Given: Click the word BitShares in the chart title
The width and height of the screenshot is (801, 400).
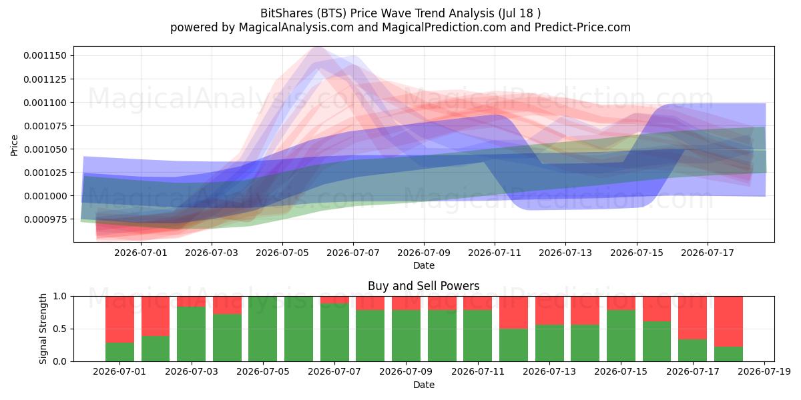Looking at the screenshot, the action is click(x=286, y=13).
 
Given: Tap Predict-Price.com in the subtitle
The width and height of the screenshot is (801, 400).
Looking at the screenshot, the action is click(x=583, y=27).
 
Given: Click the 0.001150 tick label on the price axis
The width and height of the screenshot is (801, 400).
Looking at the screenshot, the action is click(x=45, y=56).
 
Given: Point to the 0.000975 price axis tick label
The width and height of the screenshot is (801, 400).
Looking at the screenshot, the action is click(x=45, y=219).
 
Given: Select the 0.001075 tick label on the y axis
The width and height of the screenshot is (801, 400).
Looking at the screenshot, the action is click(x=45, y=126).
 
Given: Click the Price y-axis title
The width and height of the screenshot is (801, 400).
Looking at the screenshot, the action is click(x=14, y=145).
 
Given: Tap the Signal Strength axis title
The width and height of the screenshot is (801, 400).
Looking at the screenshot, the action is click(x=43, y=329).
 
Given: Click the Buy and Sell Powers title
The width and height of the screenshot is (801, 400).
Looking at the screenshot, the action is click(x=424, y=286).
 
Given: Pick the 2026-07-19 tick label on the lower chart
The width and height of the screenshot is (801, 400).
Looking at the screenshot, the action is click(x=764, y=372).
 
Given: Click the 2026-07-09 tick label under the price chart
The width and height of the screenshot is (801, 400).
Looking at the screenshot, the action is click(x=424, y=253).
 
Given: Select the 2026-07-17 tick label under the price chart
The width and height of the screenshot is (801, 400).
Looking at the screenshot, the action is click(x=708, y=253).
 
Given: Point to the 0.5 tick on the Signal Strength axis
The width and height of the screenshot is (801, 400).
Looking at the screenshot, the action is click(x=59, y=329).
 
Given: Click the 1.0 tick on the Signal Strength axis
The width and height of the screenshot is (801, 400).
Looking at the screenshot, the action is click(x=59, y=296).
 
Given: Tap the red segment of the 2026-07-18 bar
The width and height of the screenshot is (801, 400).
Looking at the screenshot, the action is click(x=728, y=321).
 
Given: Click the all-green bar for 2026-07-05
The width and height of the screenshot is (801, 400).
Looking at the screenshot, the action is click(x=263, y=329).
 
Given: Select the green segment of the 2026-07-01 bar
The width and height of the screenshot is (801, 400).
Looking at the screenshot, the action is click(x=119, y=352).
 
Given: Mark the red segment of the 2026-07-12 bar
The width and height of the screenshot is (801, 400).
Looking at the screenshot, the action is click(x=513, y=313).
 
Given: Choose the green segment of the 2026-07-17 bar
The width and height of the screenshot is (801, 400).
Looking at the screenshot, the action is click(x=693, y=351).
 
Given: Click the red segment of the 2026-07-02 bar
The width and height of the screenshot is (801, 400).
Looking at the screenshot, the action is click(x=156, y=316).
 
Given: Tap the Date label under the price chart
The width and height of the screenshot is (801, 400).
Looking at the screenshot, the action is click(x=424, y=265).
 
